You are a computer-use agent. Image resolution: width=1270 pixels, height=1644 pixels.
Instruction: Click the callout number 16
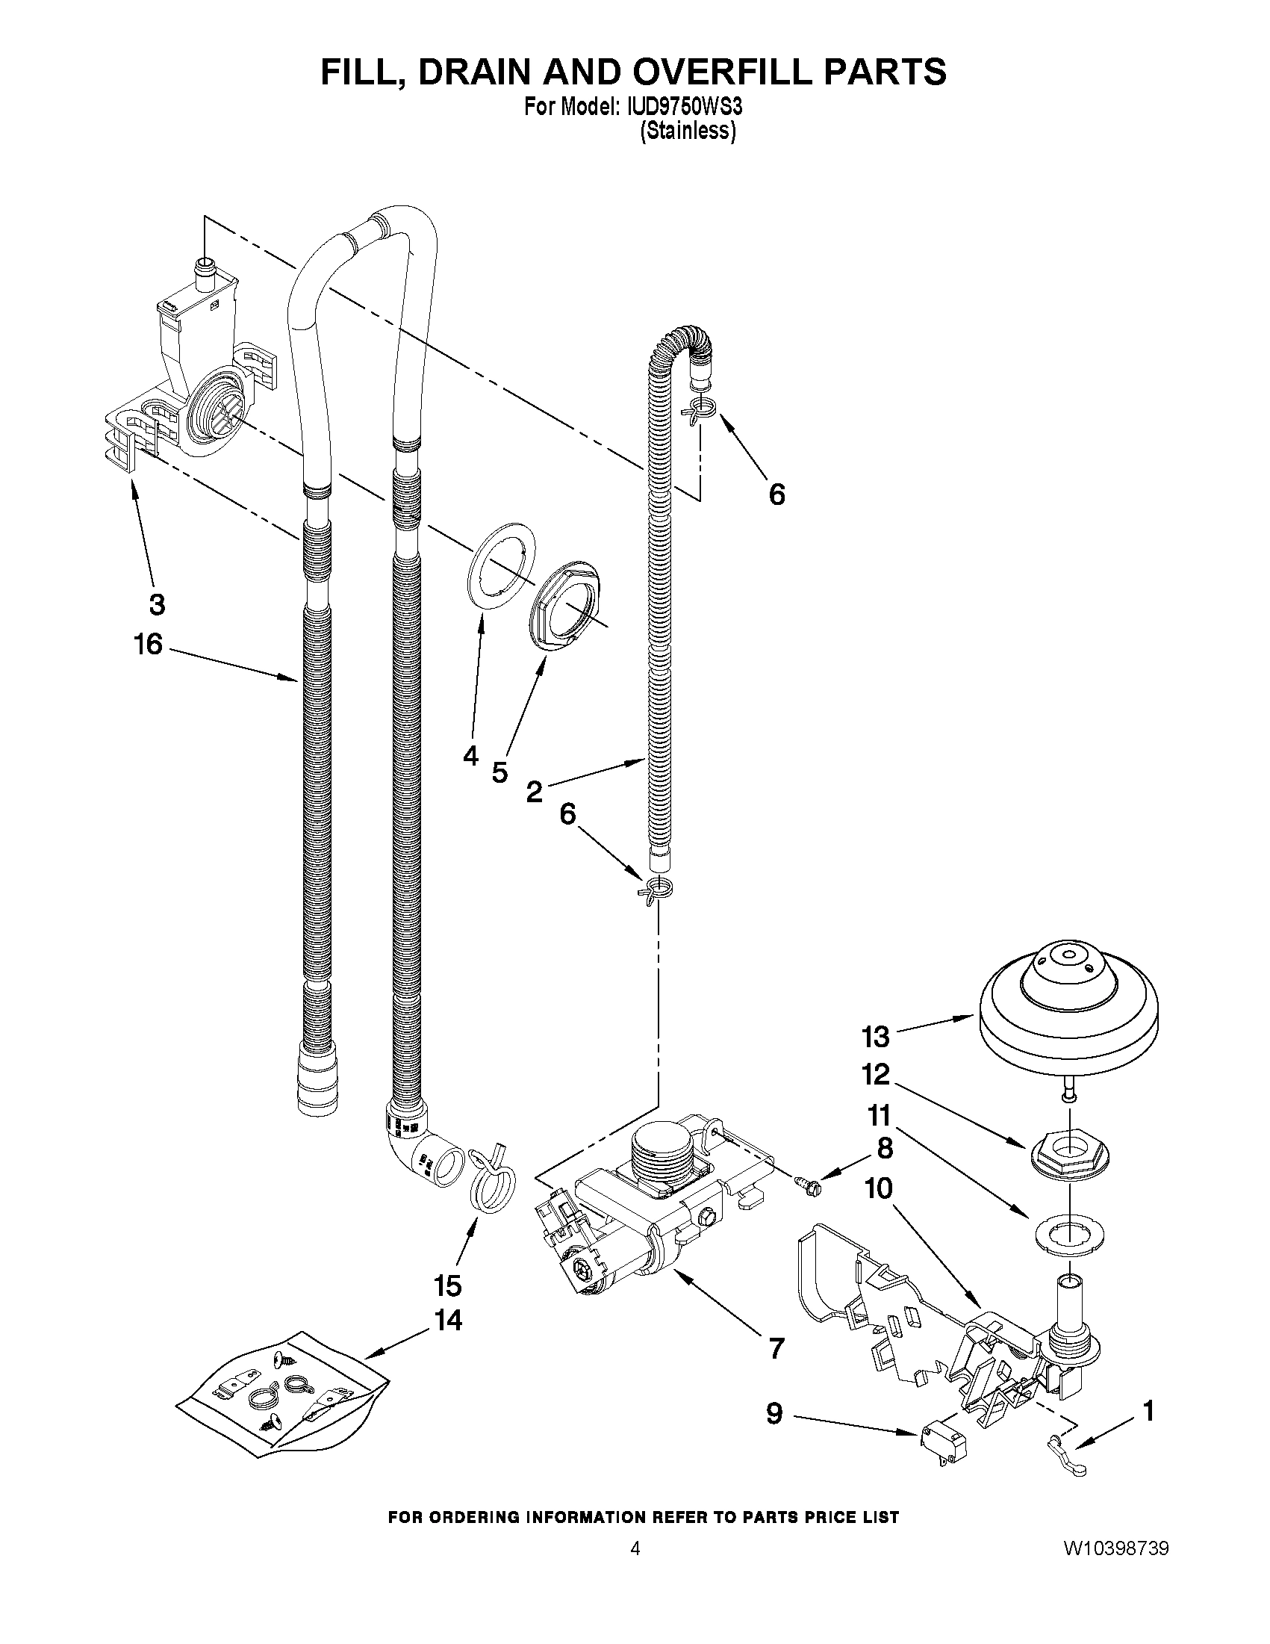click(x=149, y=644)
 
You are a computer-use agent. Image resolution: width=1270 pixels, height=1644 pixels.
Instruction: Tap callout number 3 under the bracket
click(x=157, y=604)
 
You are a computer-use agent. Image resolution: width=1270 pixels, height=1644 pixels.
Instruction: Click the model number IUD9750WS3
click(x=682, y=107)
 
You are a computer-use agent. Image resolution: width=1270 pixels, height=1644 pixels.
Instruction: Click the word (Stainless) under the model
click(x=687, y=131)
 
